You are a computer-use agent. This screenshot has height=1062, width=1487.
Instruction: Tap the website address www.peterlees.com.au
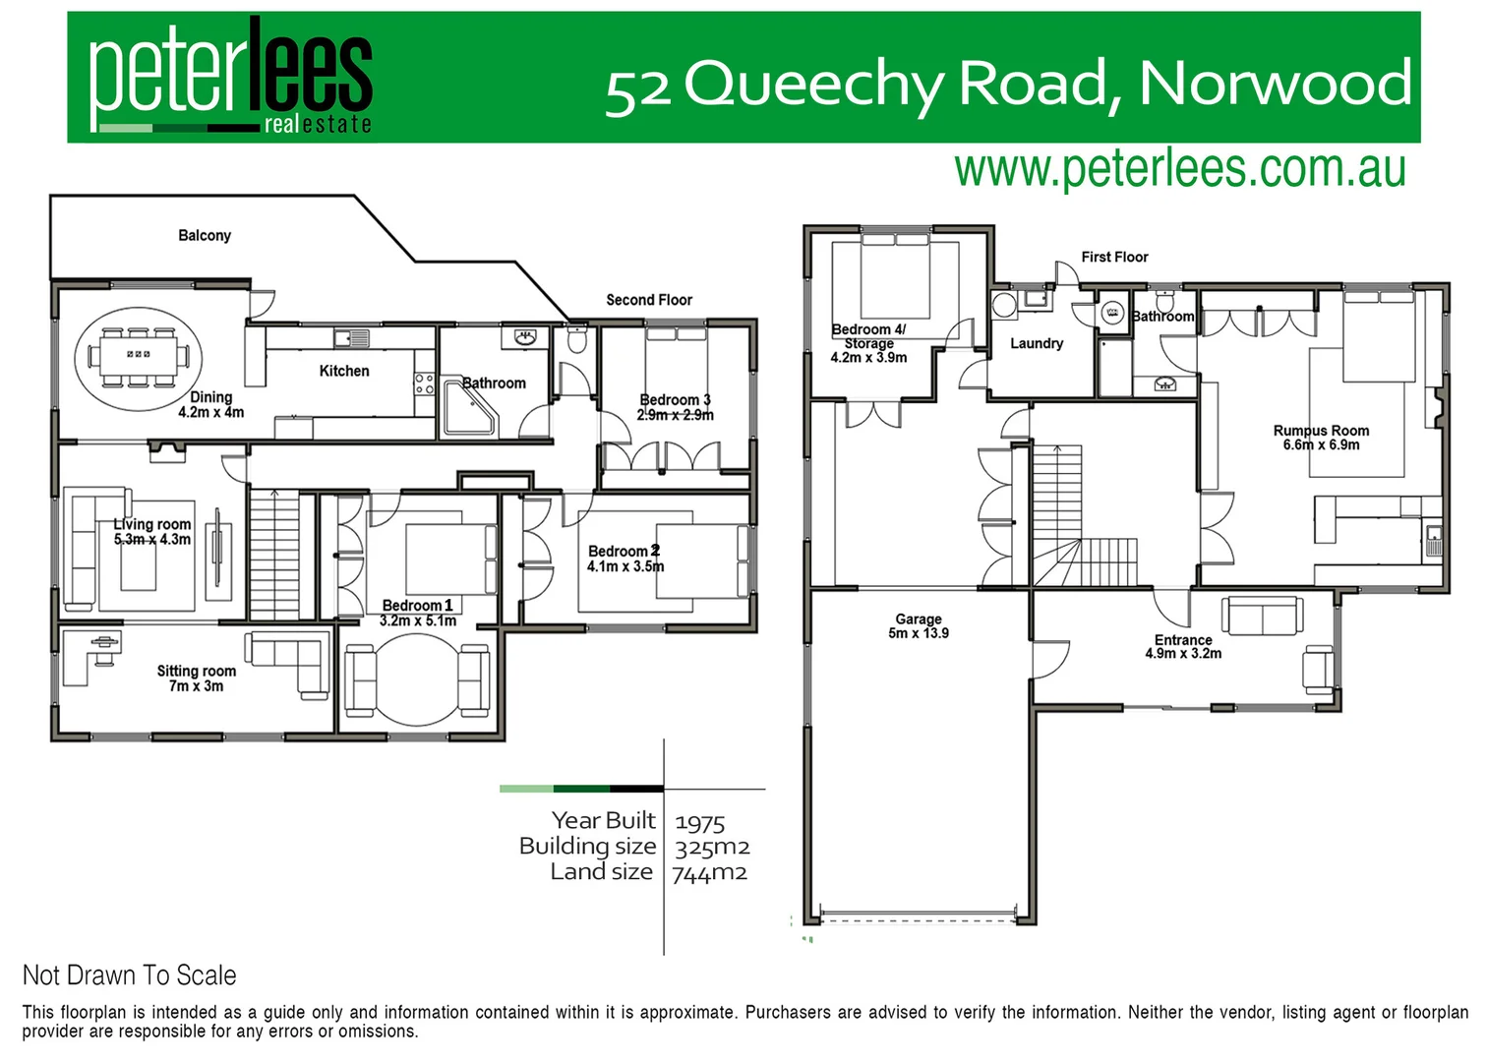click(x=1179, y=169)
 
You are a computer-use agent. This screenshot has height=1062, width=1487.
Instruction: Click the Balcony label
click(x=205, y=236)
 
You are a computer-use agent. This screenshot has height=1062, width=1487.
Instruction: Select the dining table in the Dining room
click(x=139, y=354)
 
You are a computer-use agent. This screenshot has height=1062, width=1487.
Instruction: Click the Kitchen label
click(x=344, y=371)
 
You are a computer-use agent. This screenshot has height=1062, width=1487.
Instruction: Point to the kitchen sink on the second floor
click(x=351, y=338)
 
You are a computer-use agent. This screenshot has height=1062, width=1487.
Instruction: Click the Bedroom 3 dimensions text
click(x=676, y=415)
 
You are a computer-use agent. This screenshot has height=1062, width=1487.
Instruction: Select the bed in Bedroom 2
click(x=699, y=561)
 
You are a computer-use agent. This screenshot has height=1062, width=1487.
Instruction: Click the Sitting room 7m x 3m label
click(x=197, y=678)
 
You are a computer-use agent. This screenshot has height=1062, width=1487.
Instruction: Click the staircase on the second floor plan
click(x=274, y=555)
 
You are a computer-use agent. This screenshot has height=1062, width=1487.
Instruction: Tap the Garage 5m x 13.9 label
click(x=919, y=626)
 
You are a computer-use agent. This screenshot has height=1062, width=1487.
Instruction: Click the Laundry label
click(x=1037, y=343)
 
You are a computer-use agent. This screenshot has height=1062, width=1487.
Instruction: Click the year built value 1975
click(x=700, y=822)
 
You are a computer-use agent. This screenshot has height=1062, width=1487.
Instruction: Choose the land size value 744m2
click(x=710, y=873)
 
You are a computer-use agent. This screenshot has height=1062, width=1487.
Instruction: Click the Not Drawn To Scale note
click(x=130, y=975)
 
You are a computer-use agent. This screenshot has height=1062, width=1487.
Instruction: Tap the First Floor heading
click(x=1114, y=257)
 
